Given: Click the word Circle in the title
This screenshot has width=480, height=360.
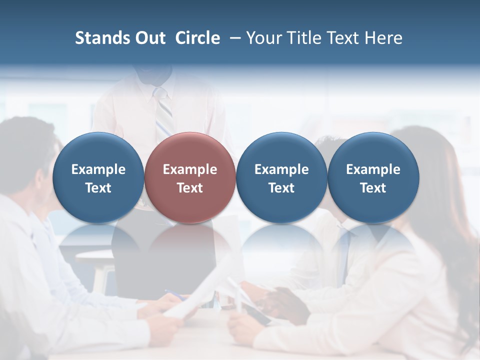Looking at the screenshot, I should click(197, 38).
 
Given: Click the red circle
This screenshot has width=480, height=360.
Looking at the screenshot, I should click(190, 177).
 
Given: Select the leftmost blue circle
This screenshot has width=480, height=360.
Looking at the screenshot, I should click(98, 177).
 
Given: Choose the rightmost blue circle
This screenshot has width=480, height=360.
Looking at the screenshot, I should click(373, 177).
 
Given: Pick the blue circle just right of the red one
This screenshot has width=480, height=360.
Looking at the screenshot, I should click(281, 177).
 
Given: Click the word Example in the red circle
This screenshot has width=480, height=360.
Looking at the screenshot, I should click(190, 169).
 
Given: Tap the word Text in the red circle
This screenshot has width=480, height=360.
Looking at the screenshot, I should click(190, 188).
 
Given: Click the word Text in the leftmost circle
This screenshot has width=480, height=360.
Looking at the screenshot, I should click(98, 188).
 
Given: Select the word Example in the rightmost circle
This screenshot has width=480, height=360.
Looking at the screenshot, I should click(373, 169).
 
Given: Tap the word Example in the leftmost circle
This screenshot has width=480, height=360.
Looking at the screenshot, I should click(98, 169).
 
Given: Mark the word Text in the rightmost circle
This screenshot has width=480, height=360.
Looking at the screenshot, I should click(373, 188).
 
